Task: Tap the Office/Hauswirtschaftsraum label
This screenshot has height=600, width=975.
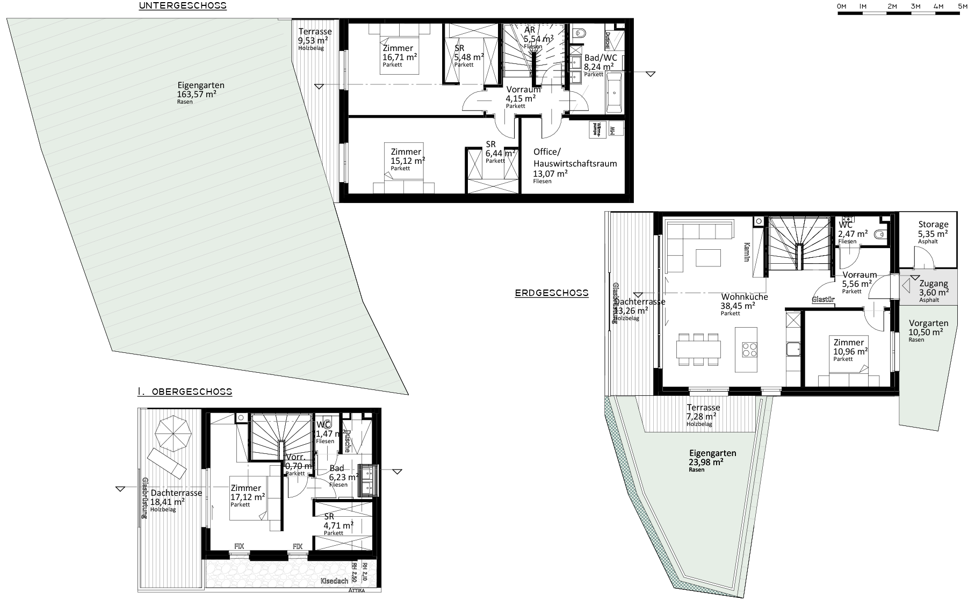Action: coord(575,163)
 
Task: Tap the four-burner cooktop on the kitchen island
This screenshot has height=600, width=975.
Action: coord(749,349)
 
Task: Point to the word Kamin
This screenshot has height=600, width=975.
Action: coord(747,251)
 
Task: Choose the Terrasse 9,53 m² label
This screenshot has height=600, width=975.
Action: coord(314,38)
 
